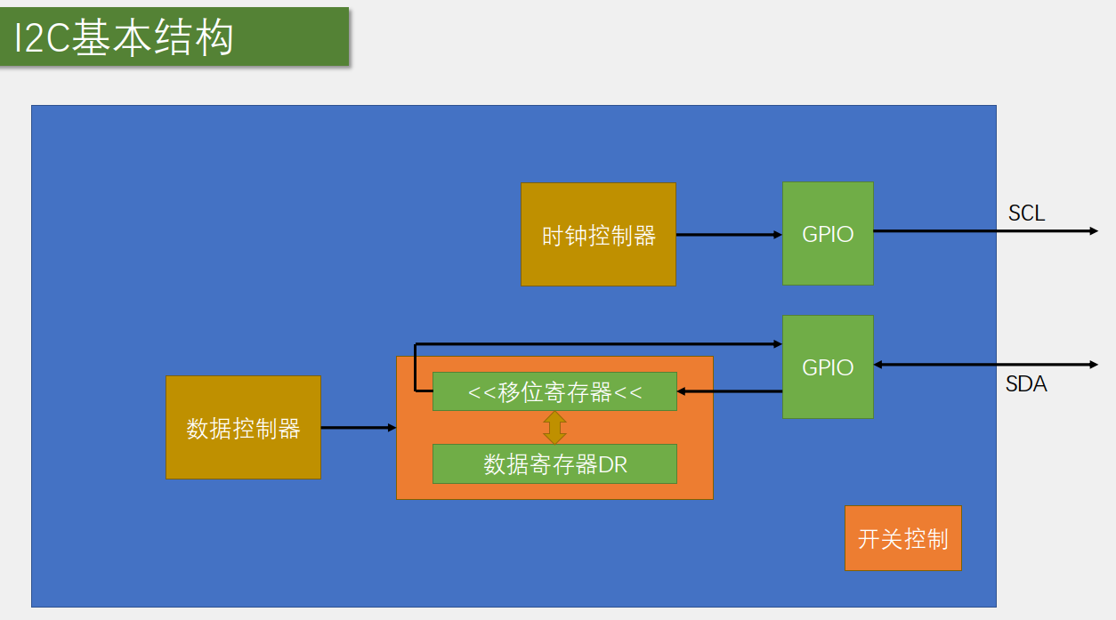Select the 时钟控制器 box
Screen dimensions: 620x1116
[598, 234]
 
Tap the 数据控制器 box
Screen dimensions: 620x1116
[243, 427]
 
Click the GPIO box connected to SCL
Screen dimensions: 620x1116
[828, 234]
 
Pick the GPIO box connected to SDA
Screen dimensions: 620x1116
[828, 366]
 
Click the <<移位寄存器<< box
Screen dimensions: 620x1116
[554, 391]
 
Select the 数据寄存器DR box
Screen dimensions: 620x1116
[554, 463]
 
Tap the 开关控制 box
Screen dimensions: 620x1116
[903, 538]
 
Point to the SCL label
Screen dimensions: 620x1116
[1026, 213]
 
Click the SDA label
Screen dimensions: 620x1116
[1026, 384]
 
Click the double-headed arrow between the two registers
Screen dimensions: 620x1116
[554, 427]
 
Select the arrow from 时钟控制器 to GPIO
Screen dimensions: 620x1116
[729, 235]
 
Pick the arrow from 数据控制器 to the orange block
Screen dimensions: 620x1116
[358, 428]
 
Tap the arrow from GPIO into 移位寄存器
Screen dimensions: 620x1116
[730, 391]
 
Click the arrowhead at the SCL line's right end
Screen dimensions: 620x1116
[1094, 231]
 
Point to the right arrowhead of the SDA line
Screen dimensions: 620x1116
[1094, 365]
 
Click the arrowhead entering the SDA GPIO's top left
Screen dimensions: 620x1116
[777, 343]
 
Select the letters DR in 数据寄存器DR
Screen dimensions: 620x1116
[612, 464]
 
